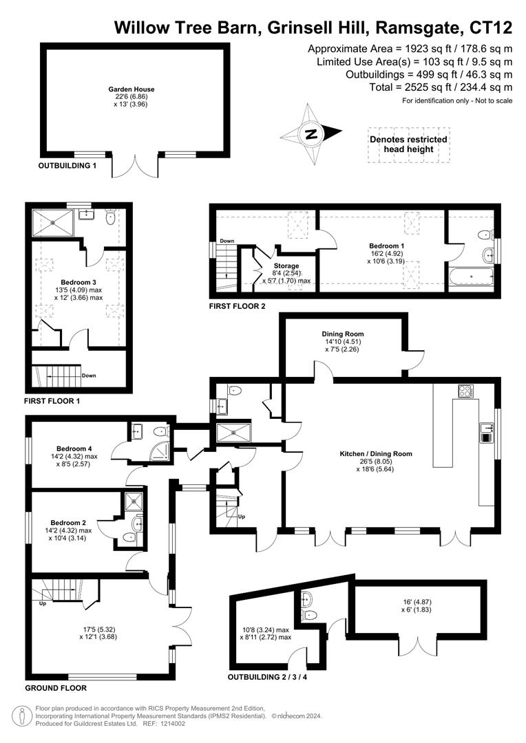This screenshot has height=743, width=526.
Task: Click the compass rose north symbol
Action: pyautogui.click(x=311, y=134)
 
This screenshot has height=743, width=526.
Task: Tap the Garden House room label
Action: pyautogui.click(x=131, y=89)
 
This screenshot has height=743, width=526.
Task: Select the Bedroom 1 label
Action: pyautogui.click(x=386, y=246)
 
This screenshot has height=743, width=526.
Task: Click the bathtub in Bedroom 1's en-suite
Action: pyautogui.click(x=471, y=279)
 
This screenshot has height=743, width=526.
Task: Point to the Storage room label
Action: pyautogui.click(x=286, y=266)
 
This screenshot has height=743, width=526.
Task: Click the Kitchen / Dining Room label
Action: pyautogui.click(x=375, y=454)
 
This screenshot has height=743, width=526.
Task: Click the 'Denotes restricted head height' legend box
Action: pyautogui.click(x=408, y=144)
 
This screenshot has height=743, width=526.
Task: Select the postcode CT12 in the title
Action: pyautogui.click(x=490, y=28)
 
